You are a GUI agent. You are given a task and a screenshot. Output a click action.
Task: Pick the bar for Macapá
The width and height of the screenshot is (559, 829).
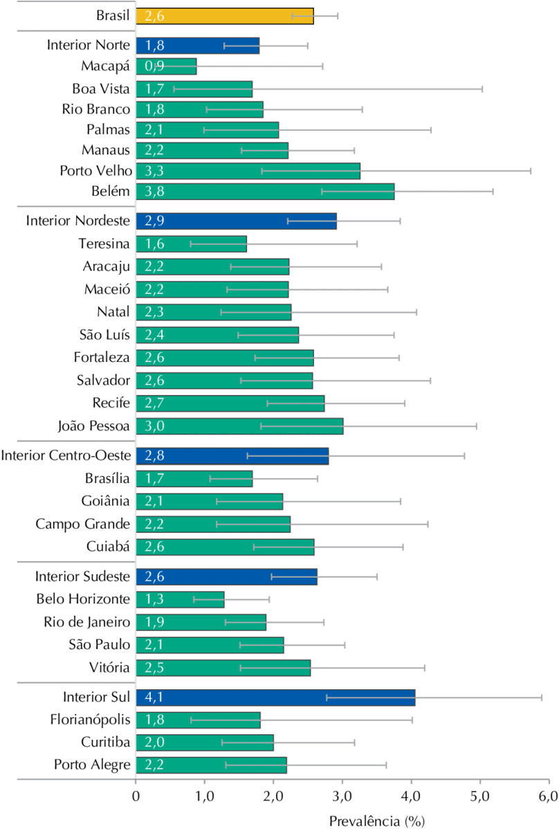pyautogui.click(x=167, y=67)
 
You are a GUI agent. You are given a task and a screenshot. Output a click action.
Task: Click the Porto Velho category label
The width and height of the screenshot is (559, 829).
pyautogui.click(x=96, y=170)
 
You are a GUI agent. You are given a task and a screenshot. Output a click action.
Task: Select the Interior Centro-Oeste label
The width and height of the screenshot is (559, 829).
pyautogui.click(x=66, y=455)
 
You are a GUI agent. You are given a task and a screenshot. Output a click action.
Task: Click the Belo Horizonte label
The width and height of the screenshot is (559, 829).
pyautogui.click(x=83, y=599)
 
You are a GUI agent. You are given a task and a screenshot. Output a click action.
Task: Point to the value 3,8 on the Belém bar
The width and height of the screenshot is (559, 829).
pyautogui.click(x=153, y=192)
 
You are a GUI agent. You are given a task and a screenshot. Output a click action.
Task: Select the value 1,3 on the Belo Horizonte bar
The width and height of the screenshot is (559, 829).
pyautogui.click(x=153, y=599)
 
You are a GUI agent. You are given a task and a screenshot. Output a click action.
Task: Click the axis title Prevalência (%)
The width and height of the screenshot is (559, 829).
pyautogui.click(x=376, y=821)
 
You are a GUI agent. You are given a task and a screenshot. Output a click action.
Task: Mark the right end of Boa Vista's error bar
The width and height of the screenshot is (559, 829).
pyautogui.click(x=482, y=89)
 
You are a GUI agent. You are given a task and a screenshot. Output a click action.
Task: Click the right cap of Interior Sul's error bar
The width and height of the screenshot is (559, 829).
pyautogui.click(x=541, y=698)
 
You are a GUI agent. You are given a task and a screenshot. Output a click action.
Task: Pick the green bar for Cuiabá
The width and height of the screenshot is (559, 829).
pyautogui.click(x=225, y=547)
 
